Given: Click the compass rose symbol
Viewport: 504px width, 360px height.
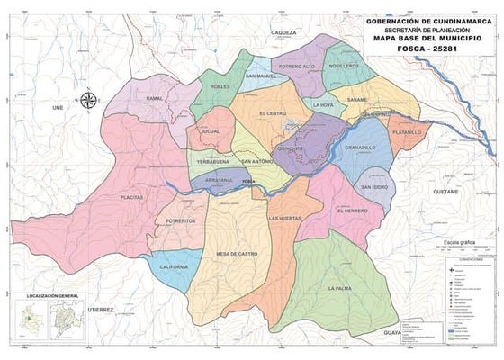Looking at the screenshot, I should coord(89,101).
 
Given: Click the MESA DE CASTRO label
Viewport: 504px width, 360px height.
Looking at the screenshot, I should coord(237,254).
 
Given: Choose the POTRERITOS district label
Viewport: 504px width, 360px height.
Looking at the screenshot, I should coord(181,220).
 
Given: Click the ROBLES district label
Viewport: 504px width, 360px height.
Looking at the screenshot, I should coord(220,86).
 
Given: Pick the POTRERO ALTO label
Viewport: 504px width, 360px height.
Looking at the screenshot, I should coord(297,67).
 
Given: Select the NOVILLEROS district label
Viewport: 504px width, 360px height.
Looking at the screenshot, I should coord(344,67).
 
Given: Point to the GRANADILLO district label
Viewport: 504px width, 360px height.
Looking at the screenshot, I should coord(360,147).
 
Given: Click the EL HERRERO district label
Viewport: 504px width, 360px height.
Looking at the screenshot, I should coord(353,211).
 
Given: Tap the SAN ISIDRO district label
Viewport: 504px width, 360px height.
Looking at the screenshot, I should coord(374,186).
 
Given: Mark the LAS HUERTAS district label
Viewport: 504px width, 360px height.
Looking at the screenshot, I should coord(285,219).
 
